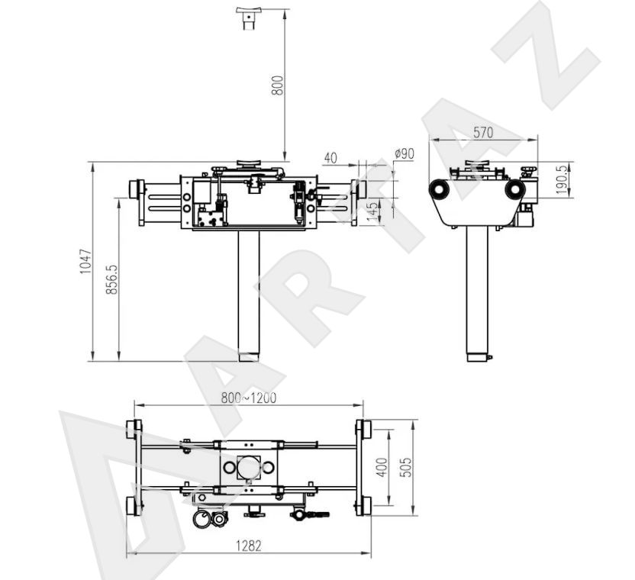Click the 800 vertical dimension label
277,85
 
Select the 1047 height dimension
85,262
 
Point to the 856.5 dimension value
111,279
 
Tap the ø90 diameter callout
405,153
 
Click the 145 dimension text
372,212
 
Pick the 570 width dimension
483,132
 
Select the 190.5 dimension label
561,179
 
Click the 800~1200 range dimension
249,398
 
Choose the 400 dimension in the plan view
382,467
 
